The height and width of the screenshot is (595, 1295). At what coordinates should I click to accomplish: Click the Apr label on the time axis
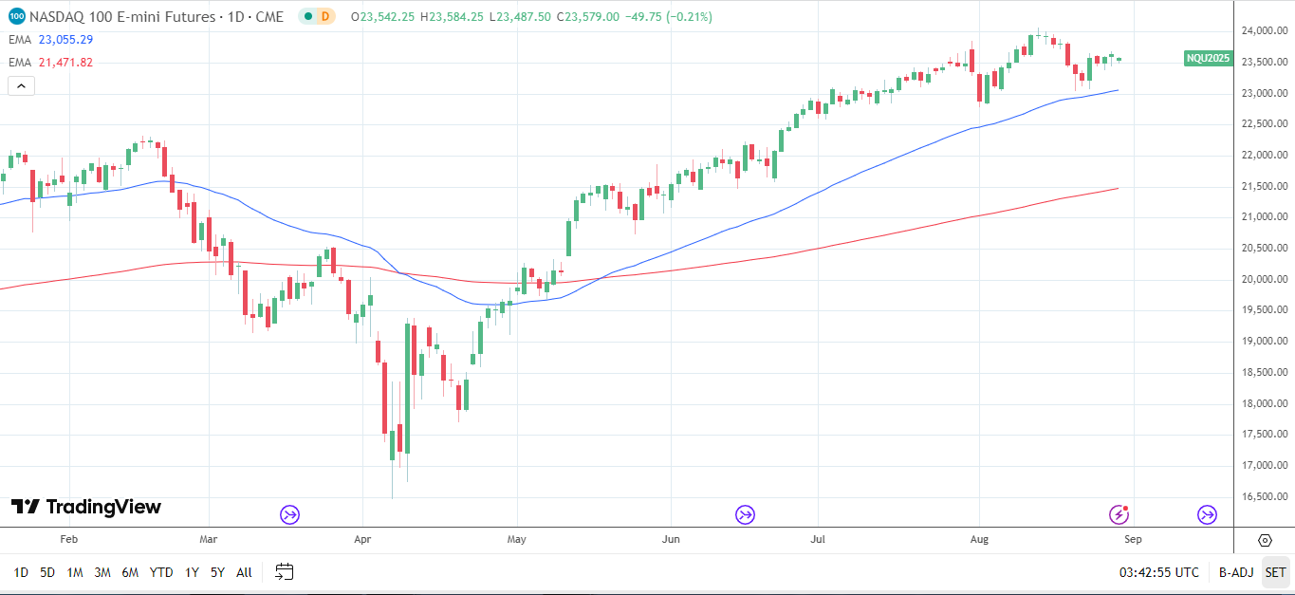pos(361,540)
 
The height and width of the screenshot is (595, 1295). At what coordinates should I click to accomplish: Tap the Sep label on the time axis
pos(1133,540)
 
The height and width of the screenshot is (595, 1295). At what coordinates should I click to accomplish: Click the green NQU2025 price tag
pos(1208,59)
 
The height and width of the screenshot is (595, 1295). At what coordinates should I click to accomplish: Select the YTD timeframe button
pos(161,572)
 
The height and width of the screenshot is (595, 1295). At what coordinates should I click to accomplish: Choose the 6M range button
pos(130,572)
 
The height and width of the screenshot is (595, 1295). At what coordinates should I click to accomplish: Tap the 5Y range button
pos(217,572)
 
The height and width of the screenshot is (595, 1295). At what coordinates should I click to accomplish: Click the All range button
pos(244,572)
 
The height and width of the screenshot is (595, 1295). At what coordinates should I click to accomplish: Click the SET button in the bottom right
pos(1275,572)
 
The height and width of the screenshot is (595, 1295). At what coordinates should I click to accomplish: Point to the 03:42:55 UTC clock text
pos(1158,572)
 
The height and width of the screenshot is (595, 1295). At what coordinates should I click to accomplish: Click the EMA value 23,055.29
pos(66,40)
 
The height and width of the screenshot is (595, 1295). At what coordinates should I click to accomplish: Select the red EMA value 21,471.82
pos(66,63)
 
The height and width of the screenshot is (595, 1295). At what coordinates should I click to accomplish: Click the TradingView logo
pos(86,508)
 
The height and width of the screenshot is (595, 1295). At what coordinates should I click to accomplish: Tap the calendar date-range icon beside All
pos(284,572)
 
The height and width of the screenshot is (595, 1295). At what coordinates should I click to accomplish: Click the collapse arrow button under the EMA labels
pos(21,85)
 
